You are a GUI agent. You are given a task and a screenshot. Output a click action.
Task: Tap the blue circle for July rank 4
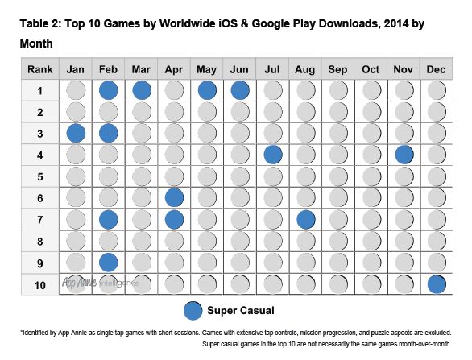point(273,154)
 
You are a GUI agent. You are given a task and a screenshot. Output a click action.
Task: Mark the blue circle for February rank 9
point(110,262)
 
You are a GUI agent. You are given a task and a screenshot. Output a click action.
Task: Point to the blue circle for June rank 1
point(240,89)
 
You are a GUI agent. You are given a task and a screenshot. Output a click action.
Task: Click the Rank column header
point(39,68)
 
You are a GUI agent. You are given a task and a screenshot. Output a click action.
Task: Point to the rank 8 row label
point(39,240)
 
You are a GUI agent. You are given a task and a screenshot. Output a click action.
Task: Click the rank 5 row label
point(39,176)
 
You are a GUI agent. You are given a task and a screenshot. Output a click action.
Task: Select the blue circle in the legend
point(193,311)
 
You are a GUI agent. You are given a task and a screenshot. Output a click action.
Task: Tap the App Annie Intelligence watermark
point(101,283)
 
